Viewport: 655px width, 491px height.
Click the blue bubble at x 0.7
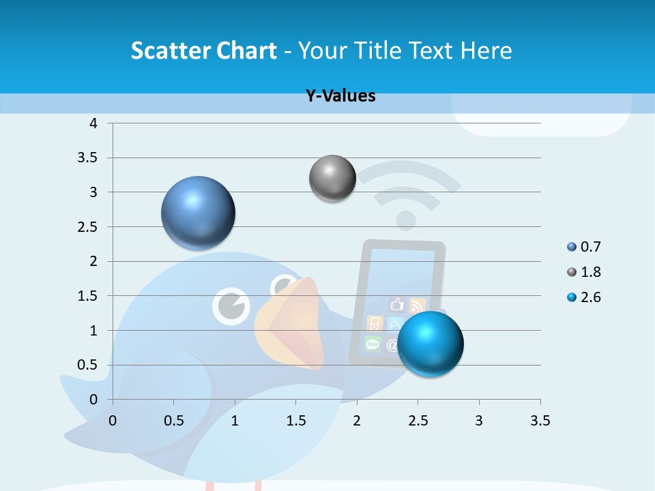click(198, 213)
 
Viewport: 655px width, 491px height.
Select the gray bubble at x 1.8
click(332, 179)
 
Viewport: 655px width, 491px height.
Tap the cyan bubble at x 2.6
click(430, 344)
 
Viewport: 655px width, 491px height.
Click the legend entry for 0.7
click(584, 247)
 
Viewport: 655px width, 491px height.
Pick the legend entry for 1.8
click(584, 272)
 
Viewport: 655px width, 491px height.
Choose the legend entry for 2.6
click(584, 297)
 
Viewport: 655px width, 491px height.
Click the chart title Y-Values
click(340, 96)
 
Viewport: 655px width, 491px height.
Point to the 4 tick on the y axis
click(93, 123)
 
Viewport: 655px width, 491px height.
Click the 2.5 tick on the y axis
click(88, 227)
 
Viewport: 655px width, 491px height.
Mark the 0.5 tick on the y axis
click(88, 365)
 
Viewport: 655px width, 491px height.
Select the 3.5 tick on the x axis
click(540, 421)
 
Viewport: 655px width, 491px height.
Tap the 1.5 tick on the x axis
click(295, 421)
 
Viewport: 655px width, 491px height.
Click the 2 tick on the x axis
click(357, 421)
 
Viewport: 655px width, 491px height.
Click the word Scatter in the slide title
click(171, 50)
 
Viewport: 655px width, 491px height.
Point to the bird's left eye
click(231, 305)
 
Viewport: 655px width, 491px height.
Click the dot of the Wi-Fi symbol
click(406, 220)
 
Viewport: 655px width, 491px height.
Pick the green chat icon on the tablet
click(373, 343)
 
